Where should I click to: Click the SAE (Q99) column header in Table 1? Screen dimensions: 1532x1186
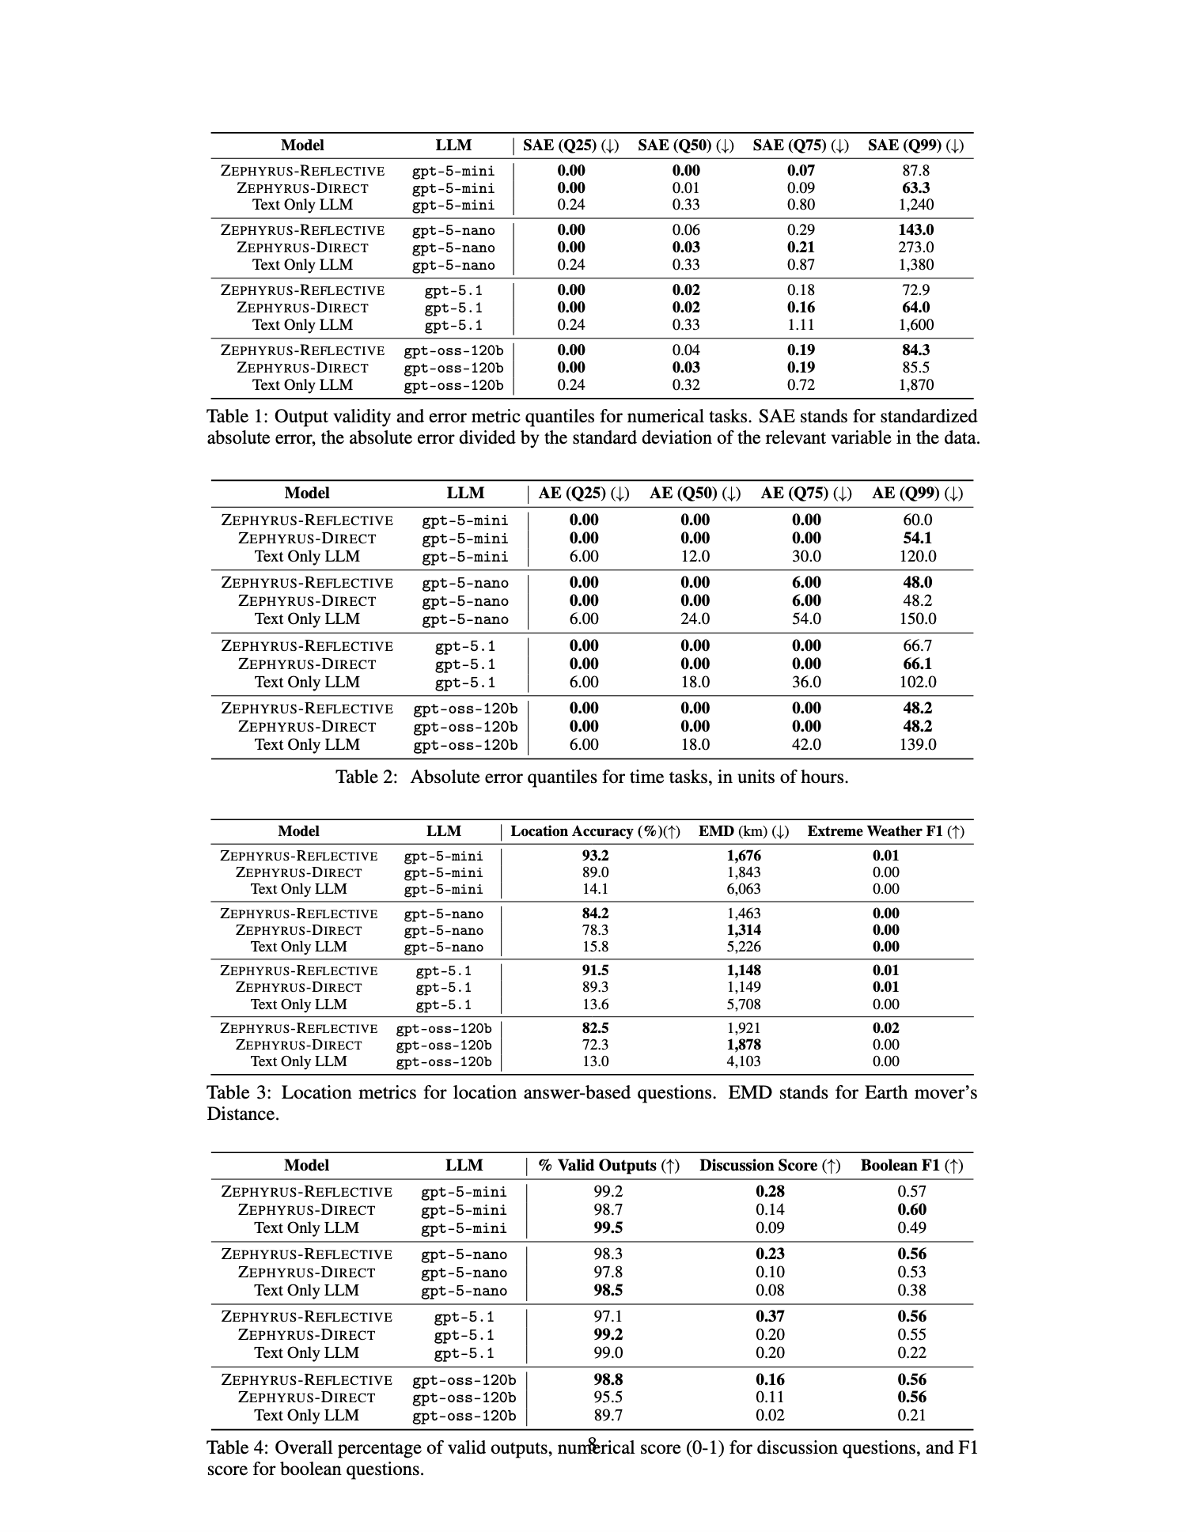tap(915, 146)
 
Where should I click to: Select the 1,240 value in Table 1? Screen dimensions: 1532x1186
tap(915, 205)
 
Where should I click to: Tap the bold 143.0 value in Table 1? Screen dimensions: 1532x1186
tap(915, 230)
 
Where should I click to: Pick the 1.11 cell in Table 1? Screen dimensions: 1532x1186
tap(801, 325)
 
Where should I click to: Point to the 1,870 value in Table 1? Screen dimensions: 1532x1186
tap(915, 385)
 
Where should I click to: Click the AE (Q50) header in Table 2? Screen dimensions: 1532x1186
tap(695, 494)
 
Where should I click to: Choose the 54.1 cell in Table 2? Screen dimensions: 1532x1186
tap(917, 539)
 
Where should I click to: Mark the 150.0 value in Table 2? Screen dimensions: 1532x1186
tap(917, 619)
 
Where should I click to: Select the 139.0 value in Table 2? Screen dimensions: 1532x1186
tap(917, 745)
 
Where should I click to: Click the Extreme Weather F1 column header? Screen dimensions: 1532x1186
tap(885, 832)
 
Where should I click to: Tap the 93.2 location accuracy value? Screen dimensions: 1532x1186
tap(595, 856)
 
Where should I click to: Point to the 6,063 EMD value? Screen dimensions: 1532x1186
tap(744, 889)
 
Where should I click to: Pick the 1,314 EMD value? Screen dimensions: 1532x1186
tap(744, 930)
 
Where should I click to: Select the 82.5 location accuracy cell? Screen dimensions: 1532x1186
tap(595, 1028)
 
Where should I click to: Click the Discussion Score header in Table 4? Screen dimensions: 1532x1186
tap(769, 1166)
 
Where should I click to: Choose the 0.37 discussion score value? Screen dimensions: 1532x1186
tap(769, 1317)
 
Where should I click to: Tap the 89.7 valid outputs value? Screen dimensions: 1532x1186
tap(608, 1416)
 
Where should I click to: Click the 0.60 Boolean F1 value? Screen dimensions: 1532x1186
tap(911, 1210)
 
